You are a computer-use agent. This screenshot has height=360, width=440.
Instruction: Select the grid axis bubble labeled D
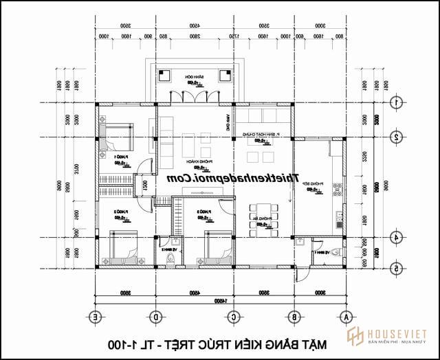pyautogui.click(x=157, y=317)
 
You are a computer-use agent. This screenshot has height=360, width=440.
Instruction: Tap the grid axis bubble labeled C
pyautogui.click(x=234, y=317)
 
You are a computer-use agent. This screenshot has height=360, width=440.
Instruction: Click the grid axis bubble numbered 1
pyautogui.click(x=396, y=103)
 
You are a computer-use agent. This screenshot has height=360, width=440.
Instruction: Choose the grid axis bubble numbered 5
pyautogui.click(x=396, y=269)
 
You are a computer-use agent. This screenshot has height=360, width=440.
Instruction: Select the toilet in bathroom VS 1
pyautogui.click(x=335, y=253)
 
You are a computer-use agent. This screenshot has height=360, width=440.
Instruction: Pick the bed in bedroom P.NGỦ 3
pyautogui.click(x=215, y=248)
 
